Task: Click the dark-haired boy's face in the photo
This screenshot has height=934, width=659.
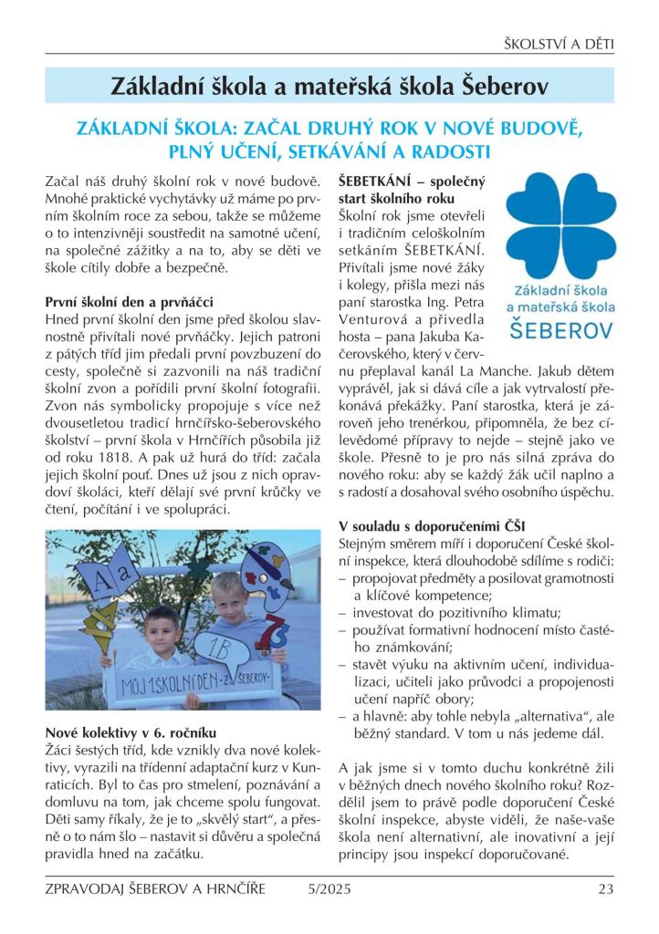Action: coord(153,628)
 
